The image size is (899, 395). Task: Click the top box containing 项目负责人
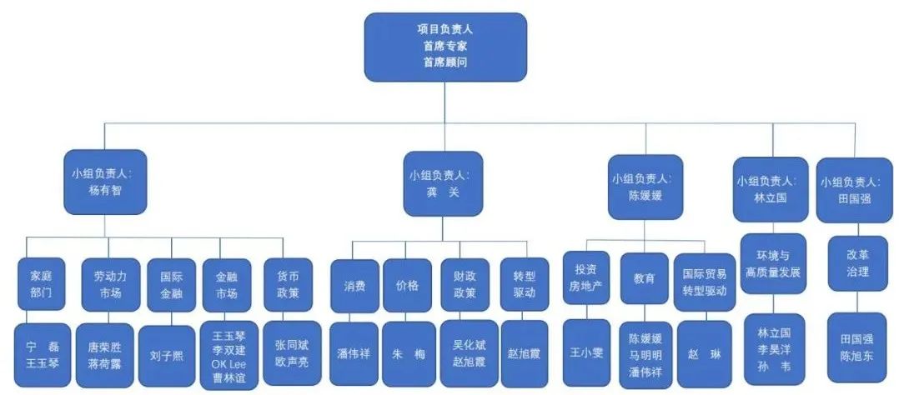(445, 47)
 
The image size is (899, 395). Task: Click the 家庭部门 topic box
(40, 285)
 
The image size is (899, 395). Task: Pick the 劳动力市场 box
(104, 285)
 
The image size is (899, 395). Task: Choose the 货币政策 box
(287, 285)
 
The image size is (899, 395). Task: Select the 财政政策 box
(464, 285)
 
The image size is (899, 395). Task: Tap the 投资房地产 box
(586, 283)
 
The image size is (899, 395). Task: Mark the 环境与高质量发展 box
(772, 264)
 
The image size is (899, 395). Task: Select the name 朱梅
(409, 353)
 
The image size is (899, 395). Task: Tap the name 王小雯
(586, 352)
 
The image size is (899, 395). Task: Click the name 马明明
(645, 352)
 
